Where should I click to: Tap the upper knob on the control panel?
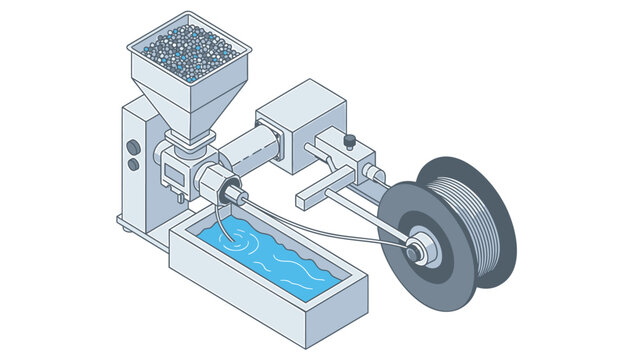[133, 146]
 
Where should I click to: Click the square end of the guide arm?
[310, 194]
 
